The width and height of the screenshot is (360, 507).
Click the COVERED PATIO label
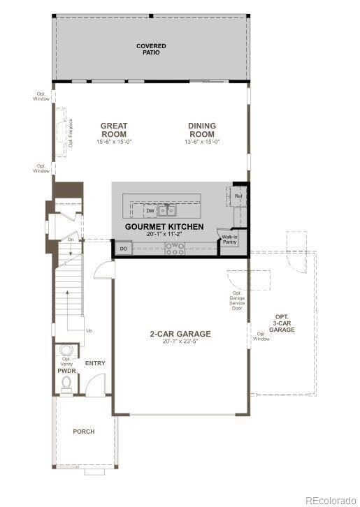pos(151,50)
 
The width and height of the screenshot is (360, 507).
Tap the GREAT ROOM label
pos(113,130)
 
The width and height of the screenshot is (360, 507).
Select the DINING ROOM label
pos(202,130)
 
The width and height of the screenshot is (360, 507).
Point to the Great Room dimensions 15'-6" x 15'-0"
pos(113,142)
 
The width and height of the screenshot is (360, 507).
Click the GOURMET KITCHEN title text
pos(164,227)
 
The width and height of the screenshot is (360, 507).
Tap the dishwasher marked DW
pos(150,210)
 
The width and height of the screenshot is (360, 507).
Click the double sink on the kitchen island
pos(166,210)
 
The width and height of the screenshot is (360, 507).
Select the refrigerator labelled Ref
pos(238,196)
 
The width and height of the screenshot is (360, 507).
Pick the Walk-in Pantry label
pos(229,240)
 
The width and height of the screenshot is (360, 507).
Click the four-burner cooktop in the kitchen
pos(173,248)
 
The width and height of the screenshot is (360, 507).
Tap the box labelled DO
pos(123,249)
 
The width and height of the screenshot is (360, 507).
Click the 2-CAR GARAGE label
pos(180,334)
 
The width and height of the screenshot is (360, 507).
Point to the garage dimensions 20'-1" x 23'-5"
pos(180,342)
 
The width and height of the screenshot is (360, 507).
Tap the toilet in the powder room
pos(67,383)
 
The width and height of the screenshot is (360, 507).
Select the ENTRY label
pos(95,364)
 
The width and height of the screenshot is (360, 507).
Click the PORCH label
pos(83,432)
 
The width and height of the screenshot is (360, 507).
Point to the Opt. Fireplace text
pos(71,132)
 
